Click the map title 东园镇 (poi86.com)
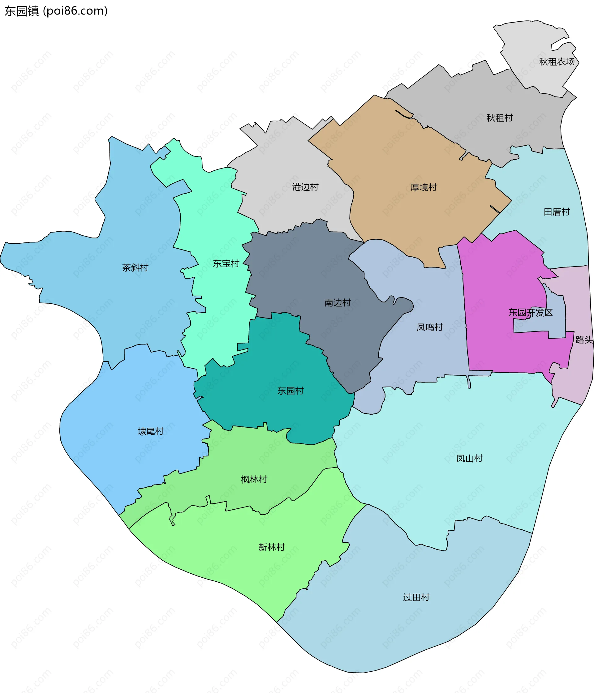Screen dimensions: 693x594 (56, 11)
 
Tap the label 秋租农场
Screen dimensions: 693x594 (557, 62)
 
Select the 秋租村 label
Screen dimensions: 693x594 (499, 118)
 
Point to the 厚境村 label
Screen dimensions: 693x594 (423, 187)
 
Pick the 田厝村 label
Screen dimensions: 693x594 (557, 212)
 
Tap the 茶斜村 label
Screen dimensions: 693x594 (135, 267)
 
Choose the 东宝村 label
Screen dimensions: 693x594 (226, 263)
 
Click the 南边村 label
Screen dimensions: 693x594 (337, 303)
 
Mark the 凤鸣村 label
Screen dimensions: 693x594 (429, 327)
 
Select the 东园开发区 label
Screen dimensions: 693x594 (530, 312)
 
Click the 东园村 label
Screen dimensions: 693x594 (290, 391)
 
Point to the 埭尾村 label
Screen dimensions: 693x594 (150, 431)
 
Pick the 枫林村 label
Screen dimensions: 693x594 (254, 480)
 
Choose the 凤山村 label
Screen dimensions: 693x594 (469, 458)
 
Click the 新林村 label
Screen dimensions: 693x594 (271, 547)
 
